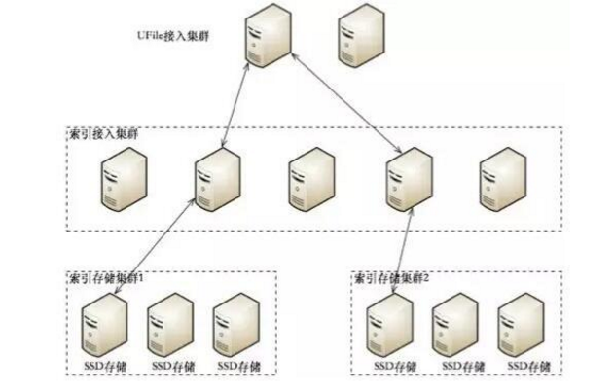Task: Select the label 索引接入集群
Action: [x=102, y=132]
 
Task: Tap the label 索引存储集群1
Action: [x=107, y=277]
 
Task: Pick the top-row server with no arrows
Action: [x=359, y=37]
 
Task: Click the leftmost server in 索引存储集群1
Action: [x=102, y=323]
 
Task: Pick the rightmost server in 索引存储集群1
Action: [x=235, y=323]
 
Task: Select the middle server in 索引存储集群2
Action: [x=454, y=323]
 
